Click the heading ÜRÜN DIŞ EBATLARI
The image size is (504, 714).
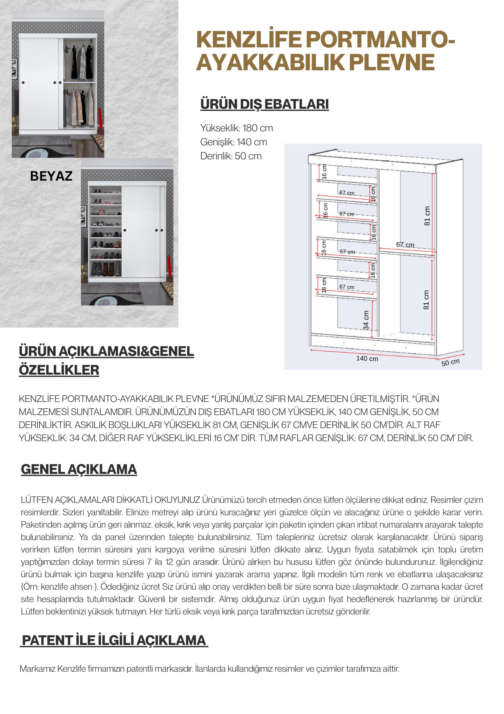point(264,105)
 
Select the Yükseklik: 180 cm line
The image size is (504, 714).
point(237,128)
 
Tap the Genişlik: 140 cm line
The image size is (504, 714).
point(234,142)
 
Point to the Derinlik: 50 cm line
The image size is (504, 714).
point(231,156)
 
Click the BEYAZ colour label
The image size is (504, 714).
point(51,176)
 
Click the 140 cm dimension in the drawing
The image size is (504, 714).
point(367,358)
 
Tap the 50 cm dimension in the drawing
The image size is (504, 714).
point(450,362)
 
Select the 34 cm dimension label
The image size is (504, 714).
point(366,320)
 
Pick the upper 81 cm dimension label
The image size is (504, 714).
point(427,216)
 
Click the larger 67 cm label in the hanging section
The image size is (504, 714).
point(405,245)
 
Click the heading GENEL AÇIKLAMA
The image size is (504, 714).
point(79,469)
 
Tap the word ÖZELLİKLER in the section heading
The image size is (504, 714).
point(59,370)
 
